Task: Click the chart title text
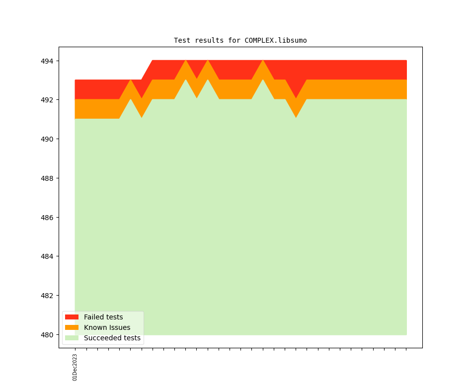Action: coord(240,40)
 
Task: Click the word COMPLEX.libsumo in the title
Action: coord(275,40)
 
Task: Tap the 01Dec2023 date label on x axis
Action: coord(75,367)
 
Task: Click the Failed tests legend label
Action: coord(103,317)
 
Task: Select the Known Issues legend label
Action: coord(107,327)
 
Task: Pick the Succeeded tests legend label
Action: coord(112,338)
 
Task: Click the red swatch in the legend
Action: coord(72,317)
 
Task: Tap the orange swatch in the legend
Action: coord(72,327)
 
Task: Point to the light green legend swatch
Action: coord(72,338)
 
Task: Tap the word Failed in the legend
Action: coord(93,317)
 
